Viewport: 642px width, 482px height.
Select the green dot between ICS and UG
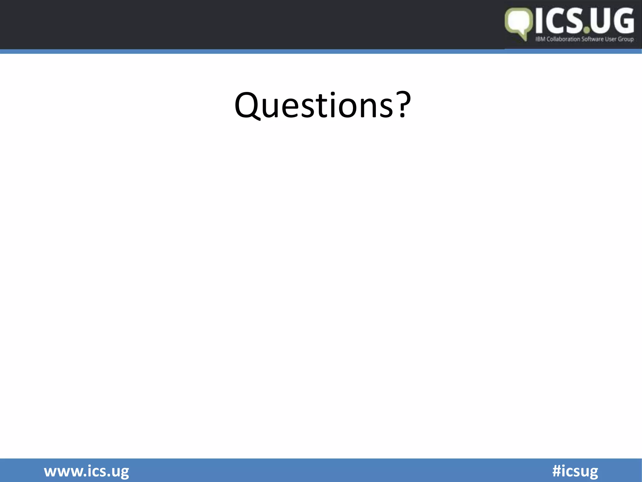click(587, 30)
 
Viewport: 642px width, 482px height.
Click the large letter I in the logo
click(539, 21)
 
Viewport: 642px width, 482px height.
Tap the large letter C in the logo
click(555, 21)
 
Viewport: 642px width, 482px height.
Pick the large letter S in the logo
click(575, 21)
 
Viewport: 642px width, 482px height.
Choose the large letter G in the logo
click(623, 21)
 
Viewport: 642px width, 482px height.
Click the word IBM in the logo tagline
click(540, 39)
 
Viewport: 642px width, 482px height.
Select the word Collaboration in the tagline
click(563, 39)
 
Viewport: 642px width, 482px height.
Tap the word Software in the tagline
click(592, 39)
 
